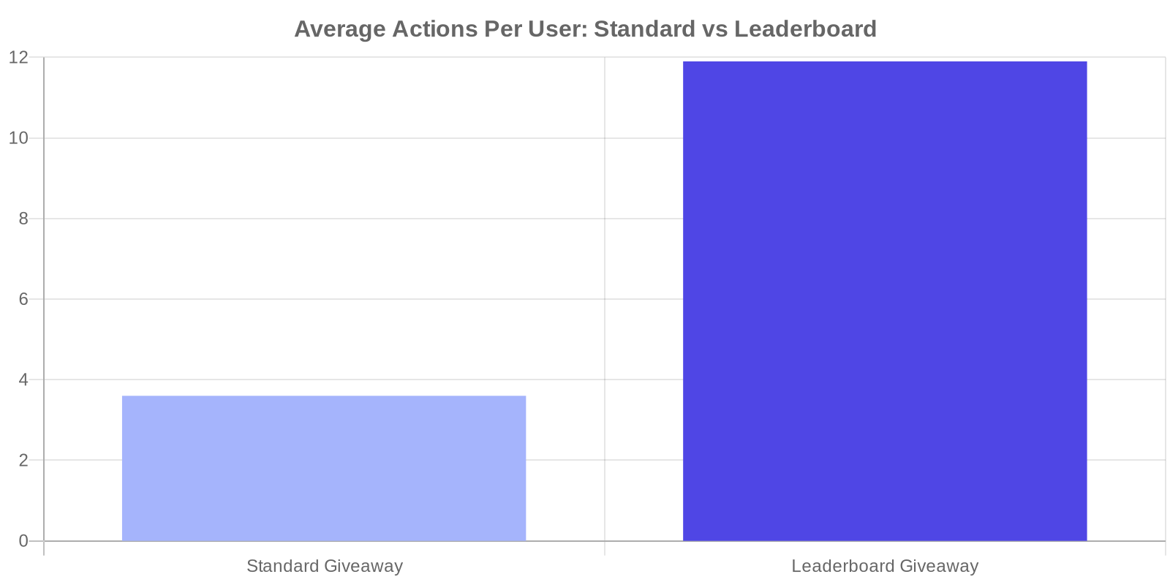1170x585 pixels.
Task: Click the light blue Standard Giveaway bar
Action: pyautogui.click(x=324, y=468)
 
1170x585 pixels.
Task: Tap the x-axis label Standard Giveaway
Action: pyautogui.click(x=325, y=566)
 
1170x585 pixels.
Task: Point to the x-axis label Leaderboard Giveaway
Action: pyautogui.click(x=885, y=566)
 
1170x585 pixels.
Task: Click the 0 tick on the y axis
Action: pyautogui.click(x=23, y=541)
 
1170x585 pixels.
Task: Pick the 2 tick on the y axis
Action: pyautogui.click(x=23, y=461)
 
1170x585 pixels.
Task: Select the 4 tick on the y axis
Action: pyautogui.click(x=23, y=380)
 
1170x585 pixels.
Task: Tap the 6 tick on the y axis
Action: pyautogui.click(x=23, y=299)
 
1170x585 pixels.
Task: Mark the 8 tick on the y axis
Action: pyautogui.click(x=23, y=219)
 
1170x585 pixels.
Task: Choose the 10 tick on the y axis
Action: pyautogui.click(x=18, y=138)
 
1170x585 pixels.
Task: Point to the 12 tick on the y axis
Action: pyautogui.click(x=18, y=57)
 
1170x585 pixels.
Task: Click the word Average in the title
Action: pyautogui.click(x=340, y=29)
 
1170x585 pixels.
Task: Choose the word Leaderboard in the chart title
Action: pyautogui.click(x=805, y=29)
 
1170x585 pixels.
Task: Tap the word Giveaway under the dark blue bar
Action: pyautogui.click(x=939, y=566)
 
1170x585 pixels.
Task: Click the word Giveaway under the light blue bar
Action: pyautogui.click(x=363, y=566)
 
